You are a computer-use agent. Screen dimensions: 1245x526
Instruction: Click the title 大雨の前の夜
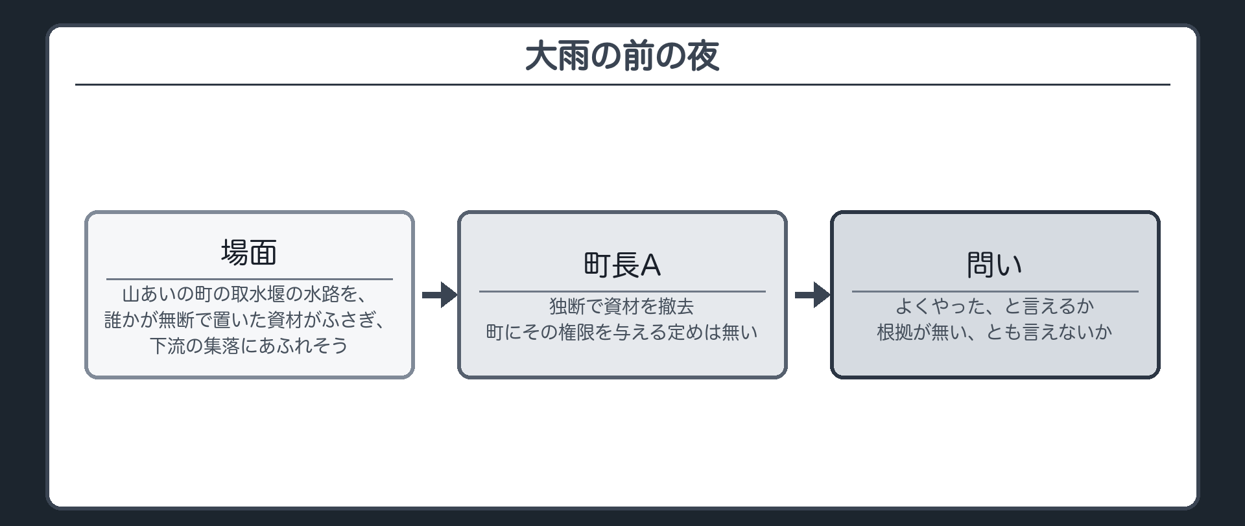pos(622,56)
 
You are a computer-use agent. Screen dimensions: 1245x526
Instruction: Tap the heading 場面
pos(250,252)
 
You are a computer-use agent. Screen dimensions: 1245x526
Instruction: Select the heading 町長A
pos(622,265)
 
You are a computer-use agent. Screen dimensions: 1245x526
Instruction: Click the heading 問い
pos(995,265)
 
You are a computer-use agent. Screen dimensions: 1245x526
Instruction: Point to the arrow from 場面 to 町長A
pos(440,295)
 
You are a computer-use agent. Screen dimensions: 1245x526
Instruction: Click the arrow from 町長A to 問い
pos(812,295)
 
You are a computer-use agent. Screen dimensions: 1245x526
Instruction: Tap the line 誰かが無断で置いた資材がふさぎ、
pos(250,320)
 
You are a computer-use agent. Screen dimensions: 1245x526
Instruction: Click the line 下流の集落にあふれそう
pos(250,346)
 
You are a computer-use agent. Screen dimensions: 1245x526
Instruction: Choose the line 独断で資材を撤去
pos(622,306)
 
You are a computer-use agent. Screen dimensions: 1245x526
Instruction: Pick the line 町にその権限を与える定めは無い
pos(622,332)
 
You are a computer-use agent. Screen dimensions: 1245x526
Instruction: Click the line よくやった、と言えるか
pos(995,306)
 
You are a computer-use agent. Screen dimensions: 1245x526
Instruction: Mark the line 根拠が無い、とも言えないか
pos(995,332)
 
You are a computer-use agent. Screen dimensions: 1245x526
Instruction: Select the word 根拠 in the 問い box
pos(895,332)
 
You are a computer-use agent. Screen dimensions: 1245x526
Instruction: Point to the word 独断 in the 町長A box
pos(567,306)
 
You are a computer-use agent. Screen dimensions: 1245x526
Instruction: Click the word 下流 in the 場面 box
pos(168,346)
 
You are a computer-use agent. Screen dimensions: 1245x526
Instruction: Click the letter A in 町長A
pos(651,265)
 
